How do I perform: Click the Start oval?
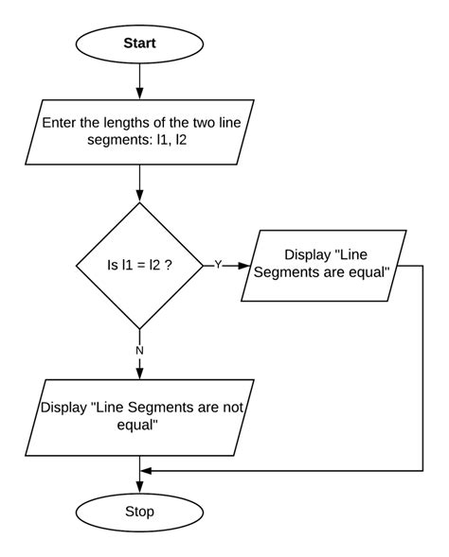coord(139,44)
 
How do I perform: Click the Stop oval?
coord(139,512)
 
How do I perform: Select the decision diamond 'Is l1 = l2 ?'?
coord(139,266)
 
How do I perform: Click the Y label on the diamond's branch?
coord(217,266)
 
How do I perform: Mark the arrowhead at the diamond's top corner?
coord(139,196)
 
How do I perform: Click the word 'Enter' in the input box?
coord(63,120)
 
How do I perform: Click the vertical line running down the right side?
coord(422,369)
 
